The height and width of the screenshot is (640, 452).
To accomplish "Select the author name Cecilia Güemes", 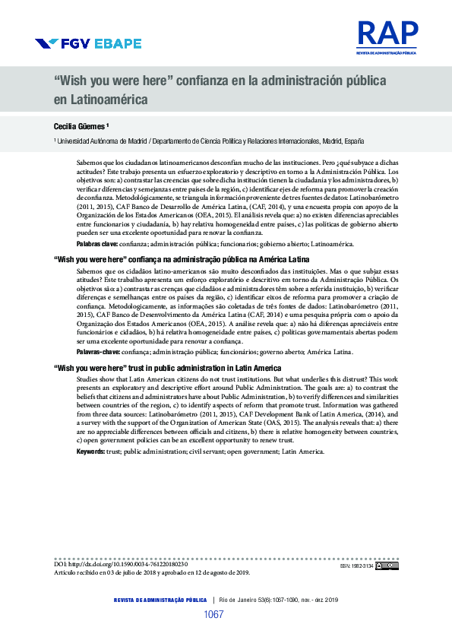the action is (83, 125).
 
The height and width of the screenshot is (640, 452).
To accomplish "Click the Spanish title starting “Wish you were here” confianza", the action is (220, 81).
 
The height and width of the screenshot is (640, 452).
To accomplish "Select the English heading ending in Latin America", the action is (167, 368).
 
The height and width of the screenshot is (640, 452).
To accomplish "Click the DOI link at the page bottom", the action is (121, 565).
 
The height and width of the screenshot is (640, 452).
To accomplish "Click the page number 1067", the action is (213, 614).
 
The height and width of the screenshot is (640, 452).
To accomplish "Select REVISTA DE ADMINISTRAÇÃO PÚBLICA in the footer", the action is (160, 600).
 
